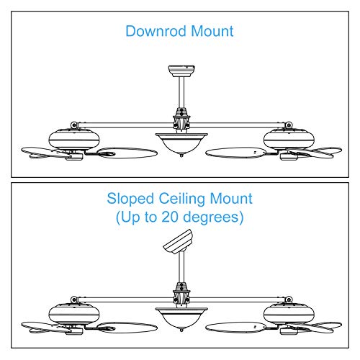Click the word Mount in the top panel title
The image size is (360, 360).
(x=211, y=32)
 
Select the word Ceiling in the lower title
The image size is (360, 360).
(x=184, y=198)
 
